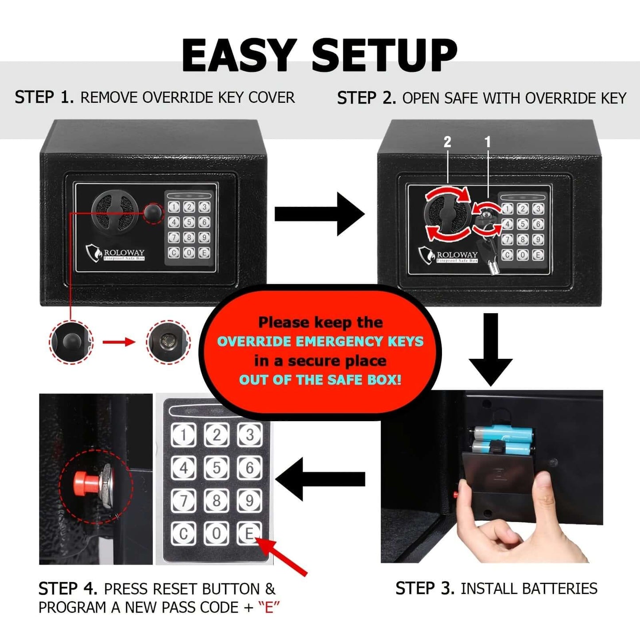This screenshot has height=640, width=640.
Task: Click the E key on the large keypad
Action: tap(249, 533)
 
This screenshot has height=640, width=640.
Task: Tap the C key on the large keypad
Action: tap(183, 533)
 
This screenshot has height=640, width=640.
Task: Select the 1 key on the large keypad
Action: tap(183, 435)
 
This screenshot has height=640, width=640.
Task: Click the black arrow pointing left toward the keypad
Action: tap(320, 479)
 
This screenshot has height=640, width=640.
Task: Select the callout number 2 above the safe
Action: tap(447, 142)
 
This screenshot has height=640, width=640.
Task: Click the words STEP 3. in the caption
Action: tap(425, 588)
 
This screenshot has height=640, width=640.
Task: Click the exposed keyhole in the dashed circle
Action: tap(168, 341)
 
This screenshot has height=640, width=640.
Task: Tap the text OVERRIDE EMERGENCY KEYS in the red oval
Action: tap(320, 341)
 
